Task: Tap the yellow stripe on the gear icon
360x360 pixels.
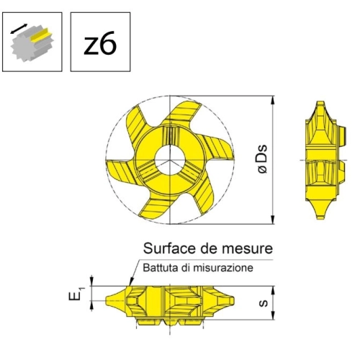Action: click(41, 35)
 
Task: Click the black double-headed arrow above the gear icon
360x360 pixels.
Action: click(19, 29)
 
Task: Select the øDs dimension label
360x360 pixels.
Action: click(262, 159)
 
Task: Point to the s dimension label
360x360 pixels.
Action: click(264, 303)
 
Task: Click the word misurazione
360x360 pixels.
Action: click(223, 268)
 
